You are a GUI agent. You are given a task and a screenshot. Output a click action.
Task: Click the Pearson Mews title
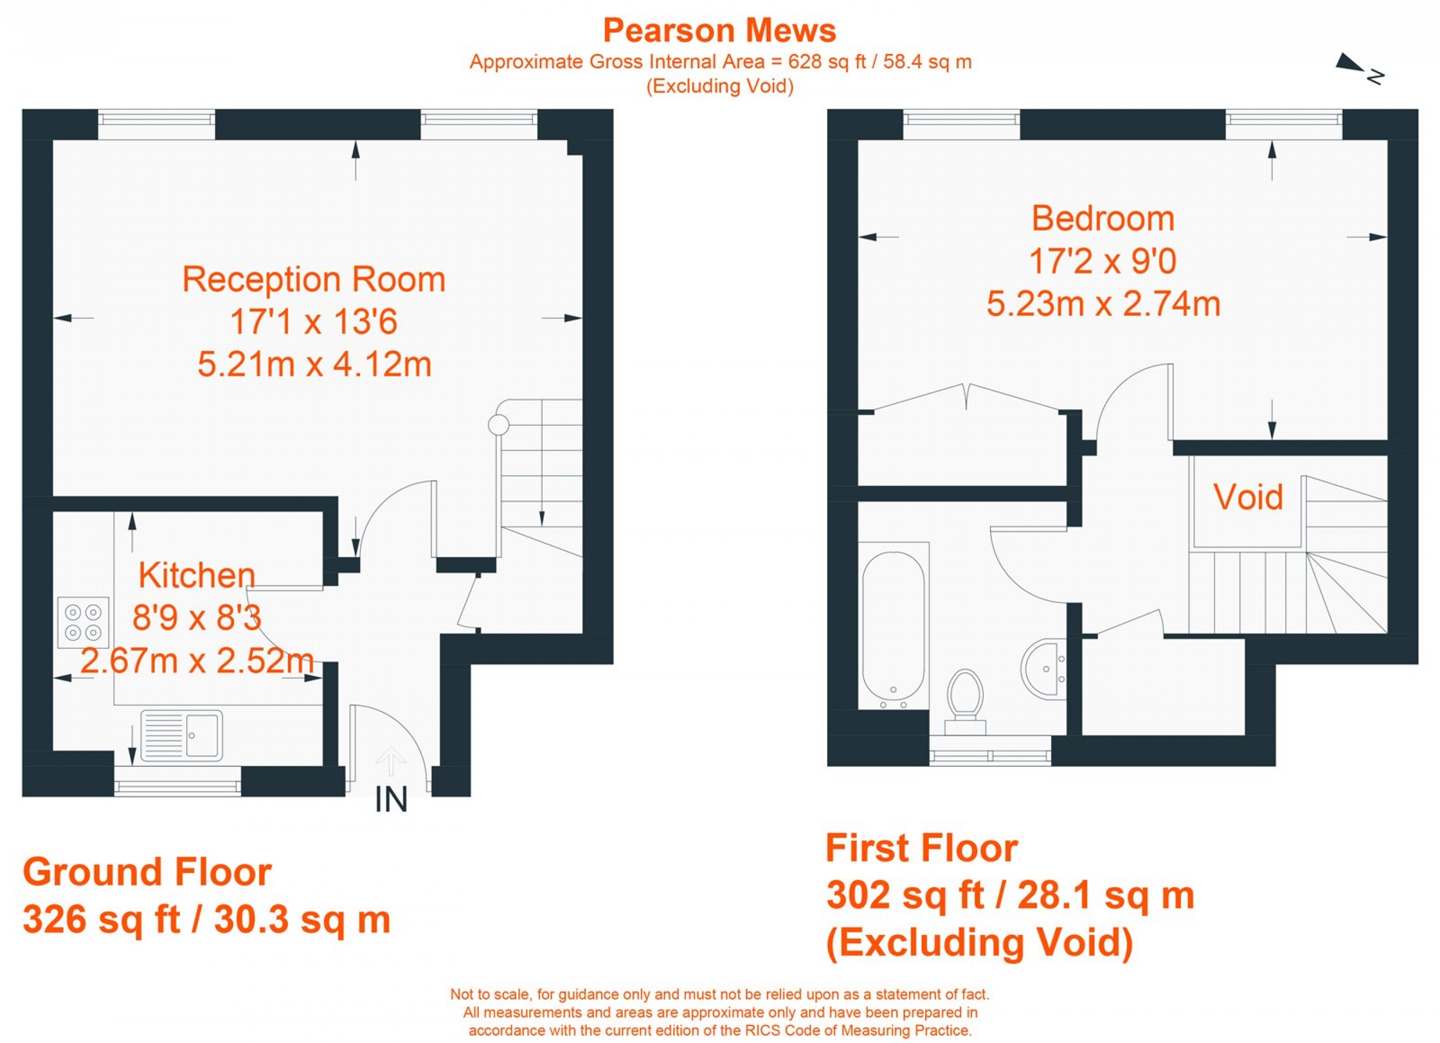[x=719, y=30]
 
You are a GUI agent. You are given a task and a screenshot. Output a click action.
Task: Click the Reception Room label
[x=314, y=279]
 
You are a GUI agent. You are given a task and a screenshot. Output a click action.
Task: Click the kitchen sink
[x=182, y=735]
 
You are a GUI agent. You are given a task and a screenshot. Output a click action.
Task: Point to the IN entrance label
[x=390, y=800]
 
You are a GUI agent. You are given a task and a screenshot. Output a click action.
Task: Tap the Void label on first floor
[x=1248, y=496]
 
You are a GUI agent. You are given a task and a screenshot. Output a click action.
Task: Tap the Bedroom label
[x=1103, y=219]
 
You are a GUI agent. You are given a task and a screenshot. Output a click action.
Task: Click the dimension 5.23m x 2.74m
[x=1103, y=303]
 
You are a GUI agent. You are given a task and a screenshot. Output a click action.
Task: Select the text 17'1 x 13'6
[x=314, y=321]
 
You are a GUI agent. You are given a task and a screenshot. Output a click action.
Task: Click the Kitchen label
[x=197, y=575]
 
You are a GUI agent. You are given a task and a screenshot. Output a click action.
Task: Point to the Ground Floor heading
[x=147, y=872]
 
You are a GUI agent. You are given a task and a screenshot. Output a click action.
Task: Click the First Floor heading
[x=921, y=848]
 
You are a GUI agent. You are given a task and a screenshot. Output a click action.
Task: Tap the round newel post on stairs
[x=498, y=425]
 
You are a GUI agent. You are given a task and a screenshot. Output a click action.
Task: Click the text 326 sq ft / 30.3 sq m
[x=206, y=919]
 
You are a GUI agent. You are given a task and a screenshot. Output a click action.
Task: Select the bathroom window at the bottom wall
[x=990, y=756]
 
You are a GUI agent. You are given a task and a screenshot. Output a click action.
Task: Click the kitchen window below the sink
[x=178, y=788]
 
